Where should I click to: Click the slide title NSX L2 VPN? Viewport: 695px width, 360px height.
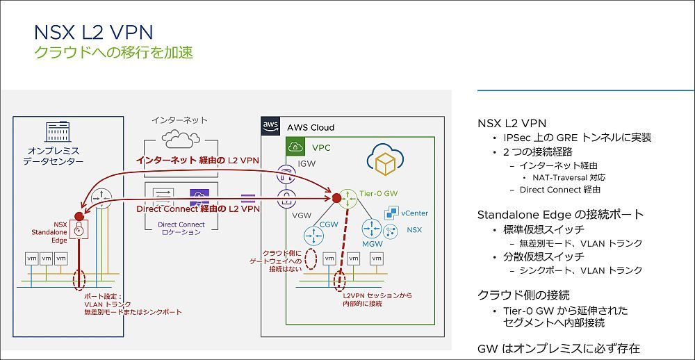(x=93, y=32)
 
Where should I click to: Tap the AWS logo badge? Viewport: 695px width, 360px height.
(x=270, y=126)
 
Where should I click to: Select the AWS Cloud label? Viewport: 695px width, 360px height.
(x=311, y=127)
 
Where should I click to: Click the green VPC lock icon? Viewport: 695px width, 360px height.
(x=296, y=147)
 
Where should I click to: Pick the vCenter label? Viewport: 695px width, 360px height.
(x=414, y=213)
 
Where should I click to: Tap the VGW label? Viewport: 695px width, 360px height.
(x=302, y=216)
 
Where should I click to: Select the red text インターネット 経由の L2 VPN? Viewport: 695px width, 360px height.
(x=197, y=161)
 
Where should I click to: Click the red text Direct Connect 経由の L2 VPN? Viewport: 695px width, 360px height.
(x=198, y=208)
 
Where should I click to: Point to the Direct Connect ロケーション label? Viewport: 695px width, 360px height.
(x=181, y=229)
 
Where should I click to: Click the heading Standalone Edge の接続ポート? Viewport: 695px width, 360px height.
(x=560, y=214)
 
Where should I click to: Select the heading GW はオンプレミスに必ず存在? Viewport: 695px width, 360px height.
(x=559, y=348)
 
